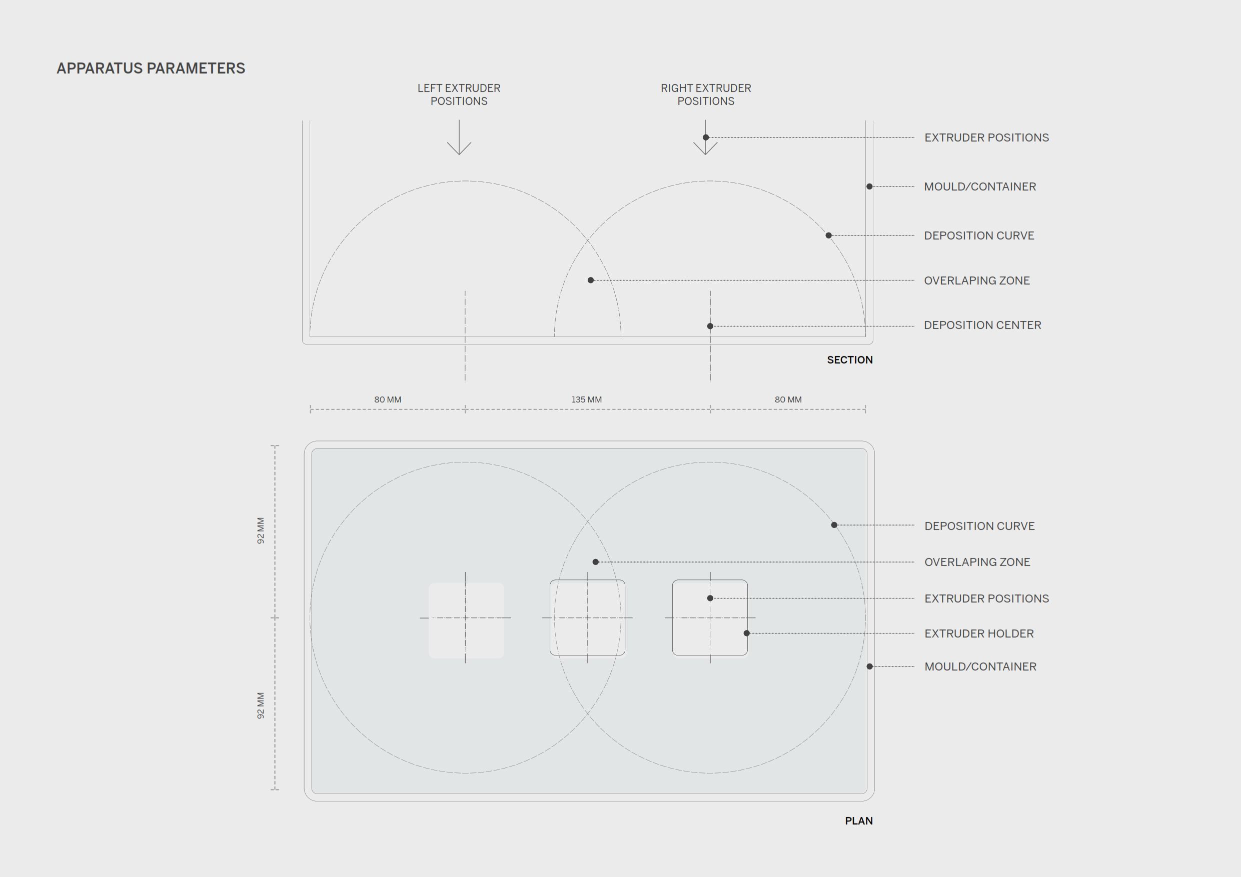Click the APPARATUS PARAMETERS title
[151, 68]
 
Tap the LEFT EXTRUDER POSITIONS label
[459, 94]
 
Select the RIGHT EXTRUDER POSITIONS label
[705, 94]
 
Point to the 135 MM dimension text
[586, 399]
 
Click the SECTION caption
[849, 360]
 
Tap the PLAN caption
[858, 821]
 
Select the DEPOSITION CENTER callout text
[982, 325]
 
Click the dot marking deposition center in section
[710, 326]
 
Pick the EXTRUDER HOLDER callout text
[979, 633]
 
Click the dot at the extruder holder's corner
[746, 633]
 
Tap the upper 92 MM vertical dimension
[261, 530]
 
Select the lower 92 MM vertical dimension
[261, 705]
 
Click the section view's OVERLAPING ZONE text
[977, 280]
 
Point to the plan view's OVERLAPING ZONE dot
[596, 562]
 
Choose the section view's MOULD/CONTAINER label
[980, 186]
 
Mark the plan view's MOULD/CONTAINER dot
[870, 666]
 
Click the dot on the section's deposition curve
[829, 235]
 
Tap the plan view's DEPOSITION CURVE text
[979, 526]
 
